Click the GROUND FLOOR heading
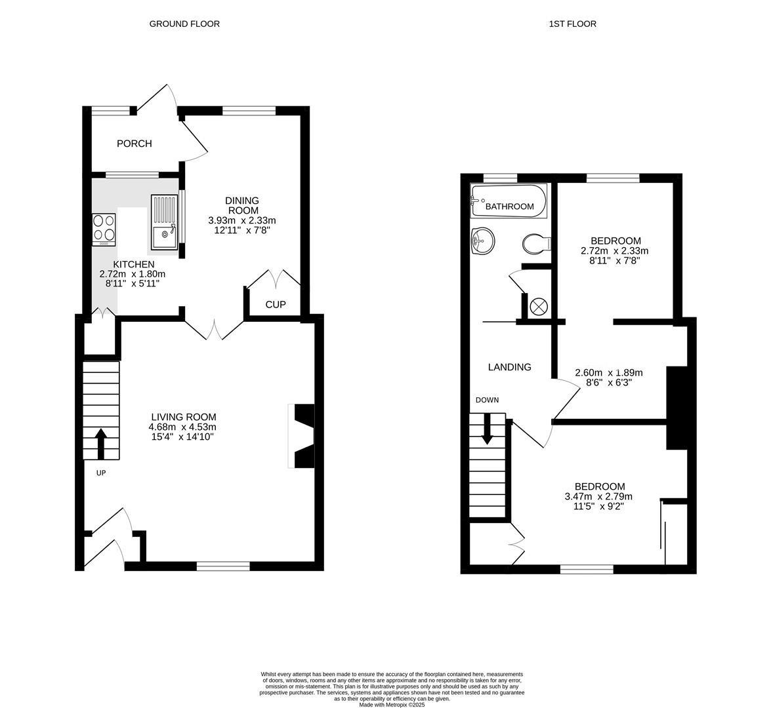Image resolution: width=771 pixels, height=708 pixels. click(184, 24)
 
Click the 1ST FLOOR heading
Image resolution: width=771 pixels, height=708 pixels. click(572, 24)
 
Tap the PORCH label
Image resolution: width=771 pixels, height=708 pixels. click(134, 144)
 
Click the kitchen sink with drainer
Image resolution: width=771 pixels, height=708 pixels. click(164, 222)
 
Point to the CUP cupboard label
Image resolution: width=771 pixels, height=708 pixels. click(276, 305)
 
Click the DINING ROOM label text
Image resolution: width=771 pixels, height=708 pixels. click(242, 205)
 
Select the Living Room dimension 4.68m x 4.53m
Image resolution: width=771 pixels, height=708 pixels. click(182, 427)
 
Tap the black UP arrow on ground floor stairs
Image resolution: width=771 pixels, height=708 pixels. click(101, 444)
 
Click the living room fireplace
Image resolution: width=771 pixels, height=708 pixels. click(302, 436)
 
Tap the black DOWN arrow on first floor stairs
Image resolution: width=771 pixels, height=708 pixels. click(487, 429)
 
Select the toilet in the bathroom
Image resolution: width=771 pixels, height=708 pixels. click(536, 244)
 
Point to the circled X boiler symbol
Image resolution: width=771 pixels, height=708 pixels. click(539, 306)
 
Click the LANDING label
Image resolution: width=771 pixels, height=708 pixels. click(509, 367)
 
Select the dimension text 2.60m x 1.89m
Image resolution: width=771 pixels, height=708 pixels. click(608, 372)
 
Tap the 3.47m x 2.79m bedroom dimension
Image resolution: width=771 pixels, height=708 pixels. click(599, 496)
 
